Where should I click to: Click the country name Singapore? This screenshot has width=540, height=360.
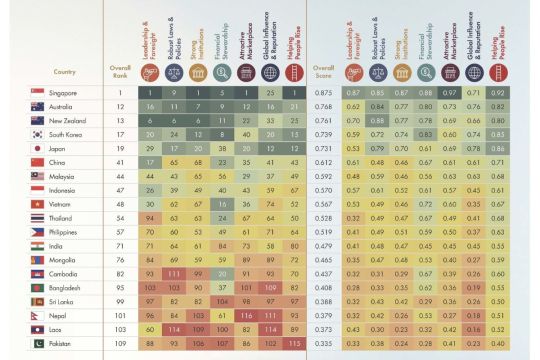65,92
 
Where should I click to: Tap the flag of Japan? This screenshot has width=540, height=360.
38,147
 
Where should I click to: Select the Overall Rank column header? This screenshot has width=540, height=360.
118,69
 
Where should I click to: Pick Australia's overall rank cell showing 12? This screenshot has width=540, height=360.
118,106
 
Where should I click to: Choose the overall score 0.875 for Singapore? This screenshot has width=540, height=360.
322,92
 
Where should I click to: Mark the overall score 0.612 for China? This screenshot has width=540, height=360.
322,161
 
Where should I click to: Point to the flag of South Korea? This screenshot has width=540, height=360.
38,134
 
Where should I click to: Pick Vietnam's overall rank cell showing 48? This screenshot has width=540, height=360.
118,203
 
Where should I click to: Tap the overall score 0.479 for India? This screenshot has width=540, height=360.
322,244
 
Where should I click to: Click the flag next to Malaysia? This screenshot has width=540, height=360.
38,175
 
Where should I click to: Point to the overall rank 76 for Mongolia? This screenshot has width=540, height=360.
118,258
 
